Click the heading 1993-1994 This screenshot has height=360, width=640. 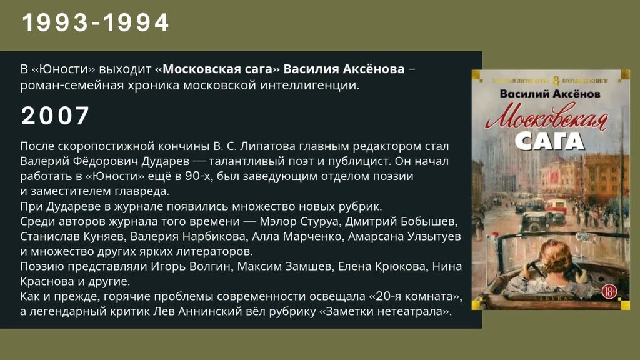click(96, 22)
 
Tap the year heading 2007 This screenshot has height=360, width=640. click(55, 116)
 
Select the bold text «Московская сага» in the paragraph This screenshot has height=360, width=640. click(217, 69)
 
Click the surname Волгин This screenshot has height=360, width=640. click(211, 266)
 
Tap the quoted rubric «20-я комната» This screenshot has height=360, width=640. click(416, 296)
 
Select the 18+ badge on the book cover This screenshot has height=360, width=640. click(609, 292)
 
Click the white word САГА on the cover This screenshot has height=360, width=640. click(549, 141)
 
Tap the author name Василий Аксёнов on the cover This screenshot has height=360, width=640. click(550, 94)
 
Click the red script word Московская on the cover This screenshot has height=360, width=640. click(546, 117)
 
